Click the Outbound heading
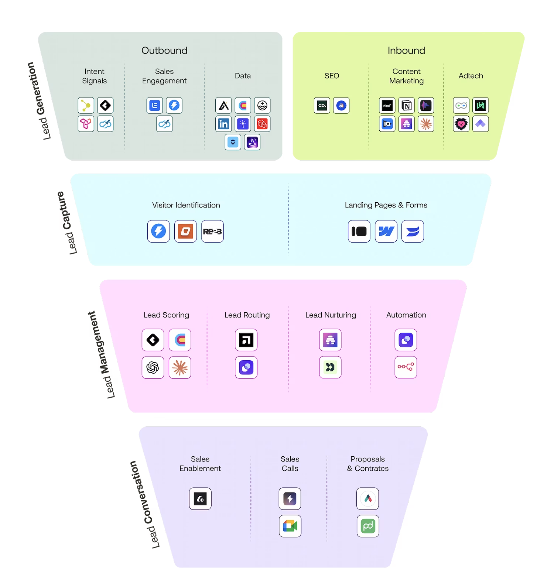[x=164, y=51]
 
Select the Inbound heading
[x=406, y=51]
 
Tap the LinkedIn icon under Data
[x=223, y=124]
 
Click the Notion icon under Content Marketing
[x=406, y=106]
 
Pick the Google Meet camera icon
[x=290, y=526]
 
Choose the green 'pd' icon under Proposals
[x=368, y=526]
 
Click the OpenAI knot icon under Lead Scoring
[x=153, y=367]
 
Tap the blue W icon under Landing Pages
[x=386, y=231]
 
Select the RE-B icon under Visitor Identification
[x=212, y=231]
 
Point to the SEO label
[x=332, y=76]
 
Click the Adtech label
[x=471, y=76]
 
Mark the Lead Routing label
[x=247, y=315]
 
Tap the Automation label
[x=406, y=315]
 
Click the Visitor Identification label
[x=186, y=205]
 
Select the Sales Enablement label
[x=200, y=464]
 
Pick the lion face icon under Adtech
[x=461, y=124]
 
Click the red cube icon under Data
[x=262, y=124]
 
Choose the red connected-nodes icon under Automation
[x=406, y=367]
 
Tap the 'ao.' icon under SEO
[x=322, y=106]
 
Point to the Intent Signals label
[x=95, y=76]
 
